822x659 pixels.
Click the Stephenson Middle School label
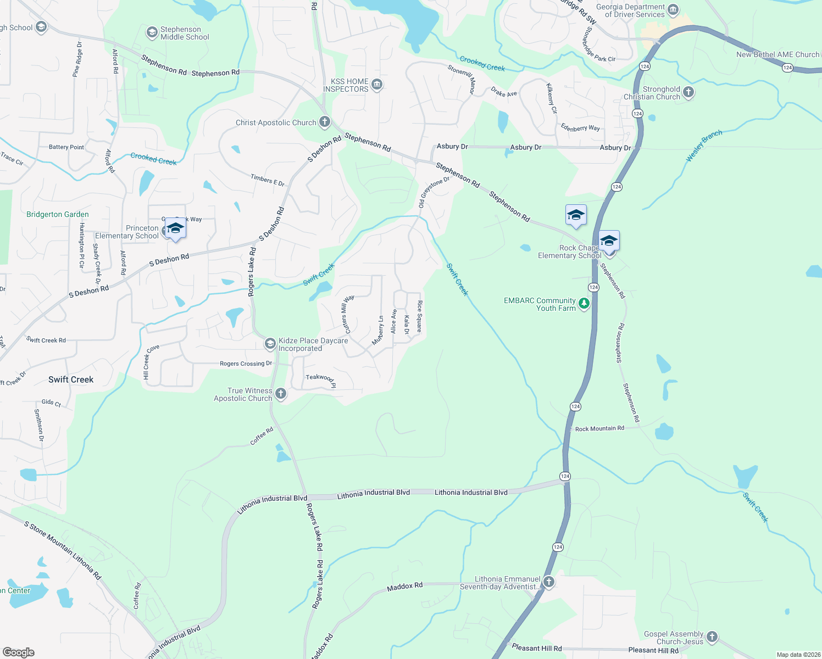(185, 33)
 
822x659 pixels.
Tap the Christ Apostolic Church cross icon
(325, 122)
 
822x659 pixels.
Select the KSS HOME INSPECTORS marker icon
(377, 85)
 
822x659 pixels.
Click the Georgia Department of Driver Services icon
(673, 10)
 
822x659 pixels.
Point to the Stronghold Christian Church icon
(688, 92)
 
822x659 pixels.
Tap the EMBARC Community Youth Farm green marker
(584, 304)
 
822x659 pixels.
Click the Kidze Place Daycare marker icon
(270, 344)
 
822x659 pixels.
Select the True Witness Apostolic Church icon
(281, 393)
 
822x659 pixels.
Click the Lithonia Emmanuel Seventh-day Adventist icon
(548, 582)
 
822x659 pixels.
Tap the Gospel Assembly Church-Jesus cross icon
(712, 636)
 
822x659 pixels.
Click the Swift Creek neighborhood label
(71, 379)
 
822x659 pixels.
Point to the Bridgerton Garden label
(58, 215)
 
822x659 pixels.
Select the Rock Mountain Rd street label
(599, 428)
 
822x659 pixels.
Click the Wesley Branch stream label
(704, 146)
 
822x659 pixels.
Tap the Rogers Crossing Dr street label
(246, 364)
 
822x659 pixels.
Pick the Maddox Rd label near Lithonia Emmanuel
(405, 587)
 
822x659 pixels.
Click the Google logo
(18, 652)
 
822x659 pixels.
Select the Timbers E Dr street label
(268, 180)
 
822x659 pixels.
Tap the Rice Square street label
(419, 316)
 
